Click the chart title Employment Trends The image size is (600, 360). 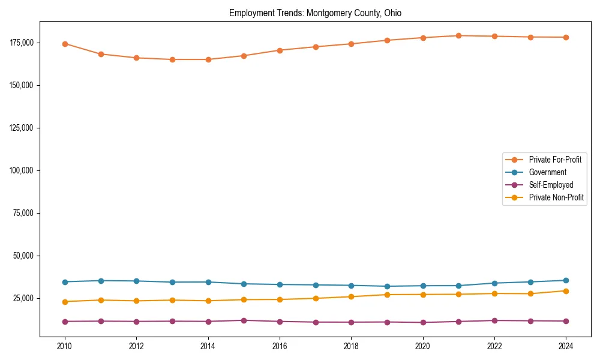click(315, 13)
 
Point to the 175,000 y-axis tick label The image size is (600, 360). click(22, 43)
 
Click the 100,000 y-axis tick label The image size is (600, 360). click(22, 170)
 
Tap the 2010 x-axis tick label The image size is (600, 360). click(65, 346)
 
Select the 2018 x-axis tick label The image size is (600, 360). click(352, 346)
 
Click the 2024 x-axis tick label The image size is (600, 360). click(566, 346)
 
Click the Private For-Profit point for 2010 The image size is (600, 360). click(65, 44)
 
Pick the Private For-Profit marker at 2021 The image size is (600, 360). click(458, 35)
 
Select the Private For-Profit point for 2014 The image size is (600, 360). click(208, 59)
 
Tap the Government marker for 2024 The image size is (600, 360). click(566, 280)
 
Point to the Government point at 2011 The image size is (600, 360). click(101, 281)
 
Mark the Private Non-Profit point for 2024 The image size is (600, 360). click(566, 291)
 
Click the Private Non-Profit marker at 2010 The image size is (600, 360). click(65, 302)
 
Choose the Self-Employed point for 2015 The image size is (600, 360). click(244, 320)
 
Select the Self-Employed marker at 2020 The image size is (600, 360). click(423, 323)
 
